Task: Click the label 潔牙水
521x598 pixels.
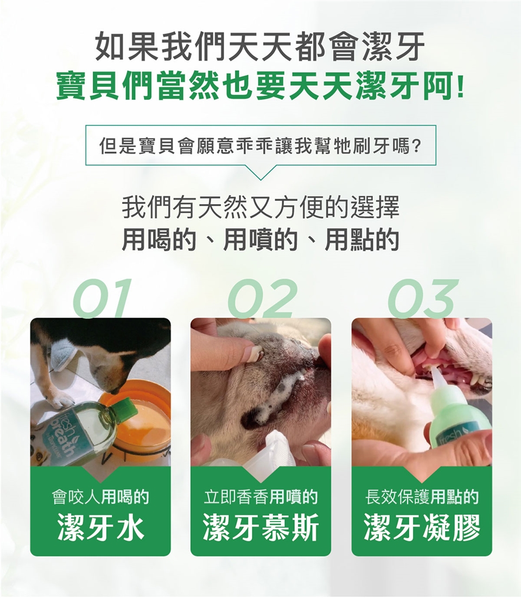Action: (x=101, y=527)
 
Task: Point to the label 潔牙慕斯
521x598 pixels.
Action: (x=260, y=527)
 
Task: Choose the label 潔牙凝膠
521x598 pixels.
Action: (x=422, y=527)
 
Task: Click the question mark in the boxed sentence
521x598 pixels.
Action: (x=417, y=146)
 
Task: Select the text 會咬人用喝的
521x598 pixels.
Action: (x=100, y=497)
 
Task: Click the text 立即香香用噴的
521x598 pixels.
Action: (x=260, y=497)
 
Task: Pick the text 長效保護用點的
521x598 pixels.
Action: (x=422, y=497)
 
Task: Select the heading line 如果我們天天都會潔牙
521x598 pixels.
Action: (x=260, y=47)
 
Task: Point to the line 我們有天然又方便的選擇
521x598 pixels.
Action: (x=260, y=208)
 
